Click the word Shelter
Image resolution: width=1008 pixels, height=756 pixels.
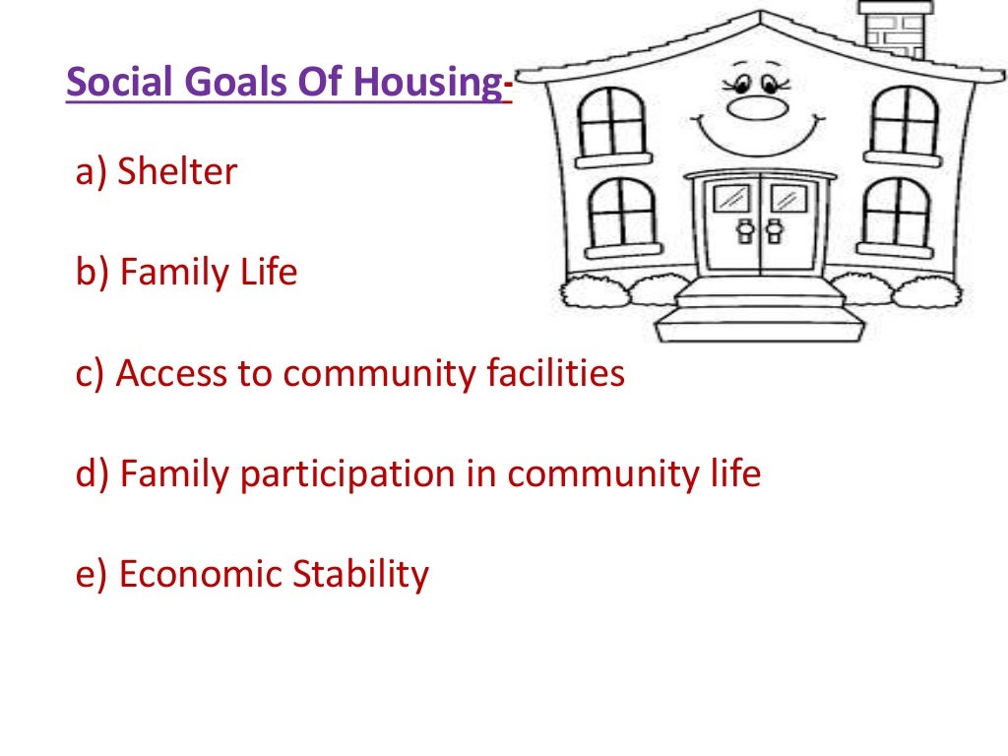[177, 172]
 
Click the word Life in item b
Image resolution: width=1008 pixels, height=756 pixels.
[270, 272]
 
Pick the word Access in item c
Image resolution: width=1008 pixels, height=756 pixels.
[168, 373]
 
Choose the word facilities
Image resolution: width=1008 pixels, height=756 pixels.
[556, 373]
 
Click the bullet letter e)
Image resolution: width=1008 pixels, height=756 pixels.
[92, 574]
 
